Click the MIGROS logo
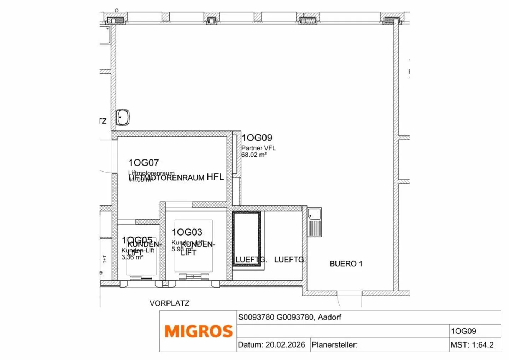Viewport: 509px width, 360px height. (198, 331)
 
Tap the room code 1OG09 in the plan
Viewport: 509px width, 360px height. (257, 138)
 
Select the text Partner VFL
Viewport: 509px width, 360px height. (258, 148)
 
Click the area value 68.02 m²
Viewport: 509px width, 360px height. (254, 155)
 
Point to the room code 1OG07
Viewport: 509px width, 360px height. (144, 163)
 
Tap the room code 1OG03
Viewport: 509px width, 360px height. (187, 232)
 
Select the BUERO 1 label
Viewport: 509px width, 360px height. (346, 264)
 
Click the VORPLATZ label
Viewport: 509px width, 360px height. (169, 303)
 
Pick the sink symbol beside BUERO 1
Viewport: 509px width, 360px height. (314, 222)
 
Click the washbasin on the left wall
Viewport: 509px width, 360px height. (123, 117)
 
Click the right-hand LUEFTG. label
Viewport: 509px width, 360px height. (290, 260)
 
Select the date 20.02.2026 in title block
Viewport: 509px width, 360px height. (285, 345)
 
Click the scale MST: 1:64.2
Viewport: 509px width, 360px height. (472, 345)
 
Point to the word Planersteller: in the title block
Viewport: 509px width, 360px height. (334, 345)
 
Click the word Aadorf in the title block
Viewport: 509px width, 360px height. (329, 317)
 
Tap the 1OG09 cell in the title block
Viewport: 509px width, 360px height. (463, 331)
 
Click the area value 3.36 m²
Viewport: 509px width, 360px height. (132, 257)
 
